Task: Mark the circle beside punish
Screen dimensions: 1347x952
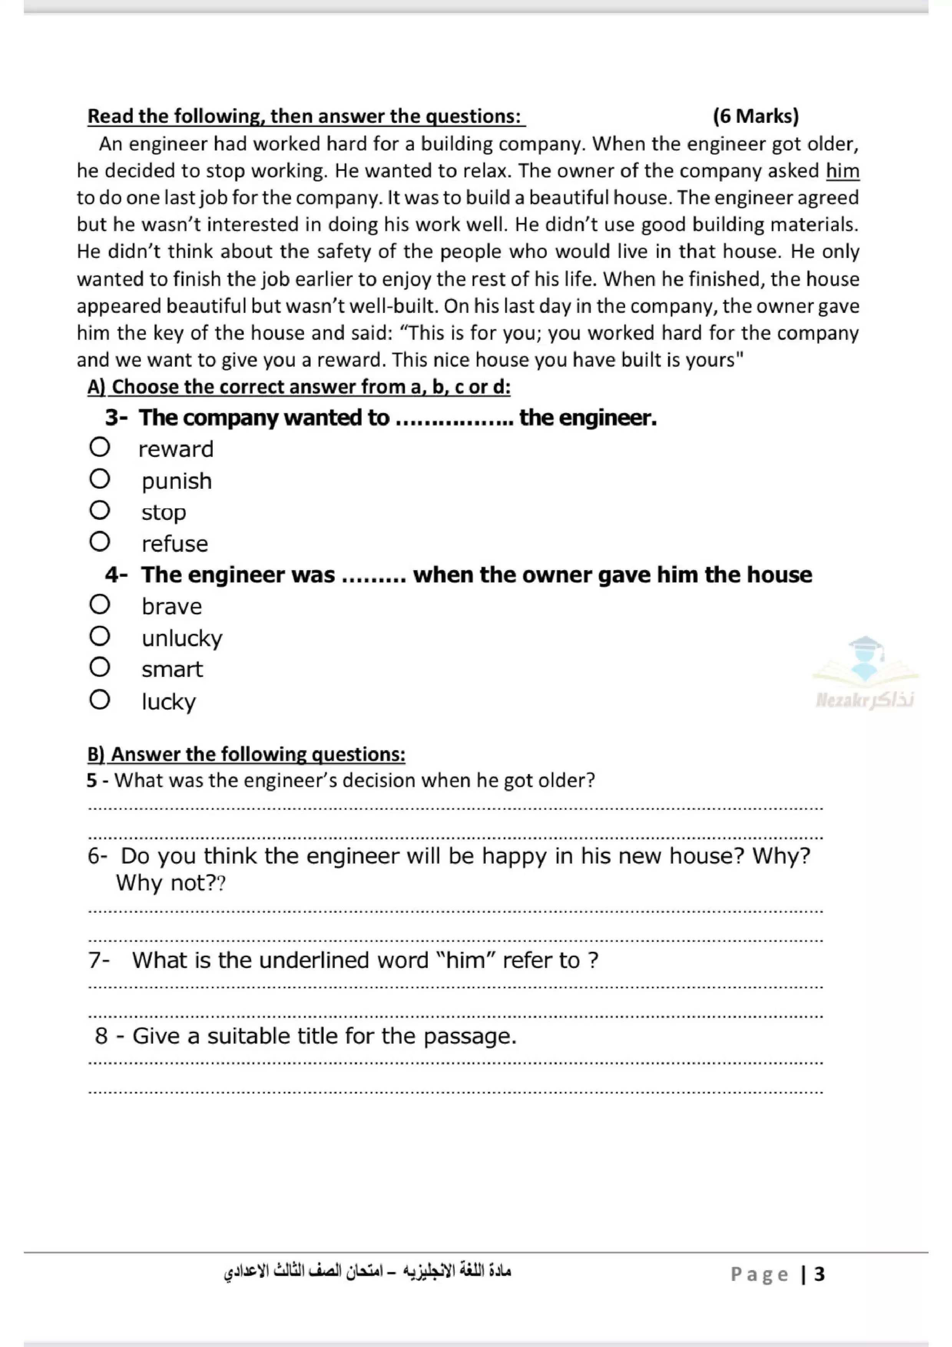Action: click(100, 479)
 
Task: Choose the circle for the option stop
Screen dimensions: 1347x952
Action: click(100, 510)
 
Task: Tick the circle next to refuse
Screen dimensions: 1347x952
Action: click(100, 541)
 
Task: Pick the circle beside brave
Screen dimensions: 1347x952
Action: click(100, 604)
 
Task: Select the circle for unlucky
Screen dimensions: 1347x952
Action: click(100, 636)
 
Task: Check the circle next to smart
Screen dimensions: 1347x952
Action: click(100, 667)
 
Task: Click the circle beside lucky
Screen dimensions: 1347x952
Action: click(100, 699)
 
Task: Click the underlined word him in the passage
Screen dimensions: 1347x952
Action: click(842, 171)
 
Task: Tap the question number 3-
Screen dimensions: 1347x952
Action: click(117, 418)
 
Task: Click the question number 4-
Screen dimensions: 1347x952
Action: click(117, 575)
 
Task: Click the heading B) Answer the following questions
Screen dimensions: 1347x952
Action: click(247, 754)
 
